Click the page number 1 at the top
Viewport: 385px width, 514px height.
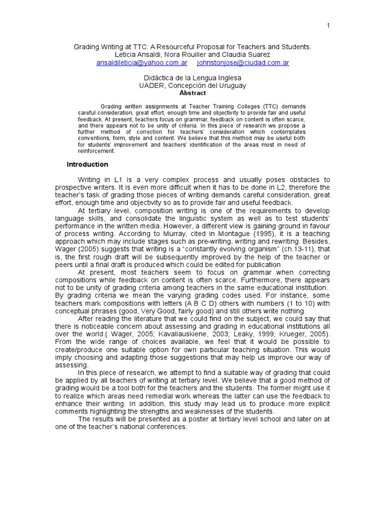click(x=328, y=26)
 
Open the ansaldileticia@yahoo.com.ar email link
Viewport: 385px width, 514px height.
click(x=142, y=63)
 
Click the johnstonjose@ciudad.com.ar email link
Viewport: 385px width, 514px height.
click(x=243, y=63)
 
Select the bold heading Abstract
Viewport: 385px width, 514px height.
click(x=192, y=93)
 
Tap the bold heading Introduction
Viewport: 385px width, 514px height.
click(x=87, y=164)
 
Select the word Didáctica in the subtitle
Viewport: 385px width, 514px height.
click(x=159, y=78)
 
